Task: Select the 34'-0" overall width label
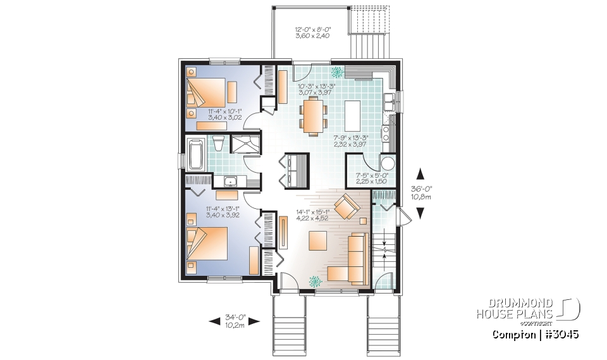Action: click(x=235, y=321)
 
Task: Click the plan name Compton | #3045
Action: click(x=534, y=334)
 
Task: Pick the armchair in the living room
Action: click(x=345, y=207)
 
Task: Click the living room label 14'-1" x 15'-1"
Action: click(x=313, y=216)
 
